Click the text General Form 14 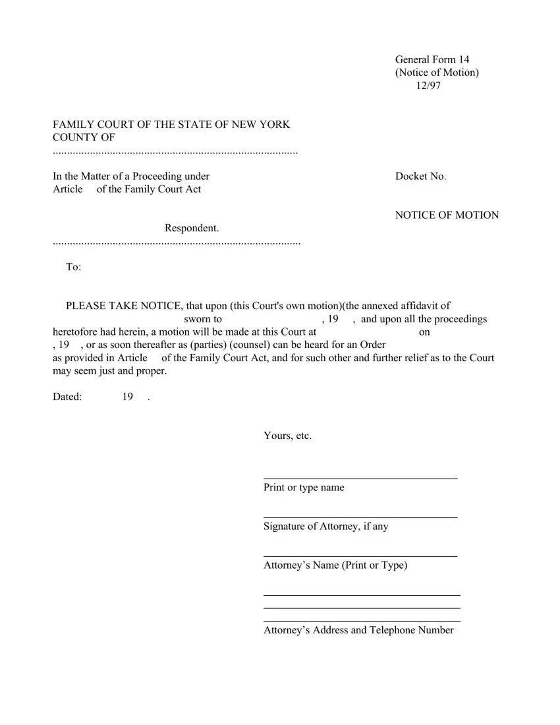[432, 60]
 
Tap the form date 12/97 [428, 86]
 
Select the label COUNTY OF [84, 137]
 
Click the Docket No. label [420, 176]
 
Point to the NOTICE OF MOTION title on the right [447, 215]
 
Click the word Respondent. [191, 228]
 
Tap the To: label [73, 267]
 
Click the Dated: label [67, 397]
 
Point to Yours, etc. [287, 436]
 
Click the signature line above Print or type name [360, 478]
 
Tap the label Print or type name [304, 488]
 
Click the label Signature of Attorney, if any [325, 527]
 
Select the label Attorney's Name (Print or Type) [335, 565]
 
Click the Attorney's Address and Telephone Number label [358, 630]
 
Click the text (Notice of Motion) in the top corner [437, 72]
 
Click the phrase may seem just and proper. [109, 371]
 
